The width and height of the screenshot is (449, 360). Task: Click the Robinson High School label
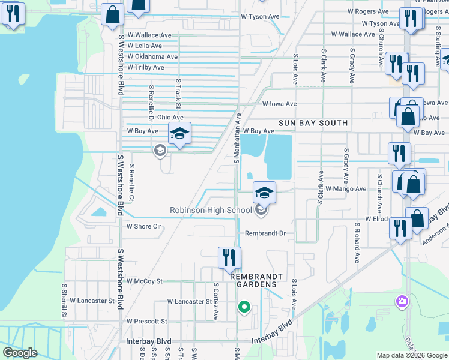click(x=211, y=210)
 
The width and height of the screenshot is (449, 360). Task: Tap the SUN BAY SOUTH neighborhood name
click(x=313, y=123)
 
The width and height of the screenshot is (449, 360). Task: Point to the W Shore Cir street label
click(x=144, y=226)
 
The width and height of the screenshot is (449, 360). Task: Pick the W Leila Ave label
click(x=144, y=46)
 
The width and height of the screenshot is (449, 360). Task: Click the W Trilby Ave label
click(x=145, y=67)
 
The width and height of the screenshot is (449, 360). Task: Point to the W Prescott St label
click(x=146, y=321)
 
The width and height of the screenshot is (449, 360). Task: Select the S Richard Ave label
click(x=357, y=244)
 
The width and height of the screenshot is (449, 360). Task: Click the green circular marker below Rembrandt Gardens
click(x=244, y=307)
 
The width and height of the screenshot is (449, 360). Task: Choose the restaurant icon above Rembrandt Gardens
click(x=229, y=257)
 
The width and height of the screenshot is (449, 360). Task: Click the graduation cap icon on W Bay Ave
click(x=179, y=134)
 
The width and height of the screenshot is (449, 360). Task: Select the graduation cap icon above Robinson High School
click(x=264, y=192)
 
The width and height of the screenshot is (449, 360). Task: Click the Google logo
click(x=20, y=353)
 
